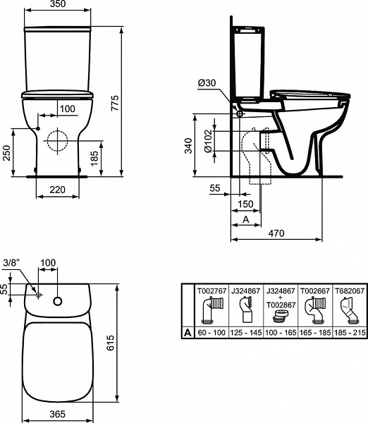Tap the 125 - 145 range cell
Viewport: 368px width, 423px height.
[x=245, y=331]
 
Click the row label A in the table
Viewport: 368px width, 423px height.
[x=188, y=331]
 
